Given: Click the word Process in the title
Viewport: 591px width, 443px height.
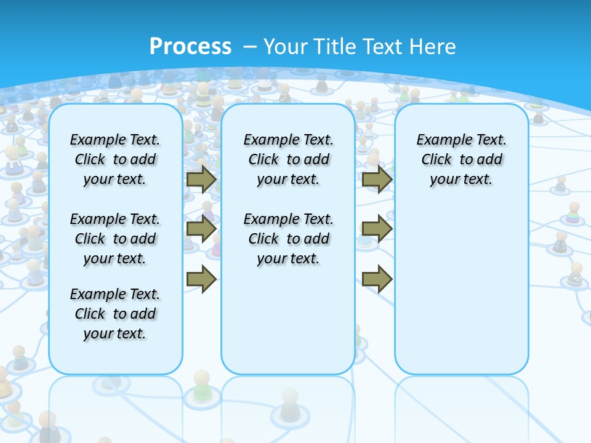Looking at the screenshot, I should [x=190, y=46].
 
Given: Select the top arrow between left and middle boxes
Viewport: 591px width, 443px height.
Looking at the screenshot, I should [x=201, y=180].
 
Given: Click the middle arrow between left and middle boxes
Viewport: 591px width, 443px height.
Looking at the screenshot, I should [x=201, y=229].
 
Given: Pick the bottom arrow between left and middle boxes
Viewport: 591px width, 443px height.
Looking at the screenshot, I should [x=201, y=279].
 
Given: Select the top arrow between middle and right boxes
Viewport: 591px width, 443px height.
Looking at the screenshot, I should [x=377, y=180].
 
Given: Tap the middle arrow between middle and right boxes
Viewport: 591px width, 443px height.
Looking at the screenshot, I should [x=377, y=229].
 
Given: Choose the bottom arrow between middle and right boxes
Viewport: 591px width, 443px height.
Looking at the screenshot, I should [x=377, y=279].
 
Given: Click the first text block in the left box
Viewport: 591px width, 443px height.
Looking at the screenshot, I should [x=115, y=159].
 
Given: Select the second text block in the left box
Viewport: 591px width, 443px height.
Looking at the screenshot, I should [x=115, y=239].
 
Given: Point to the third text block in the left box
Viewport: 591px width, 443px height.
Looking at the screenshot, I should [x=115, y=314].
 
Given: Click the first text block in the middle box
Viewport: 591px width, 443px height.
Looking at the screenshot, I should [x=289, y=159].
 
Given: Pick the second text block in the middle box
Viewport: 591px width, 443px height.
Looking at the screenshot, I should [x=289, y=239].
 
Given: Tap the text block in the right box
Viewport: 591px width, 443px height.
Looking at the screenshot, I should [x=462, y=159].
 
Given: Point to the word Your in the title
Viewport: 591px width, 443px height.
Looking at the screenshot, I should [x=286, y=47].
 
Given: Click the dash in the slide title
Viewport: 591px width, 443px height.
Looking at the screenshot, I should [x=250, y=47].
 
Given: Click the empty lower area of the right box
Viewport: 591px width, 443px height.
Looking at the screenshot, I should [x=462, y=289].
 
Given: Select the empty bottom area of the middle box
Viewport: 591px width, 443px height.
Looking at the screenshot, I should [x=289, y=326].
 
